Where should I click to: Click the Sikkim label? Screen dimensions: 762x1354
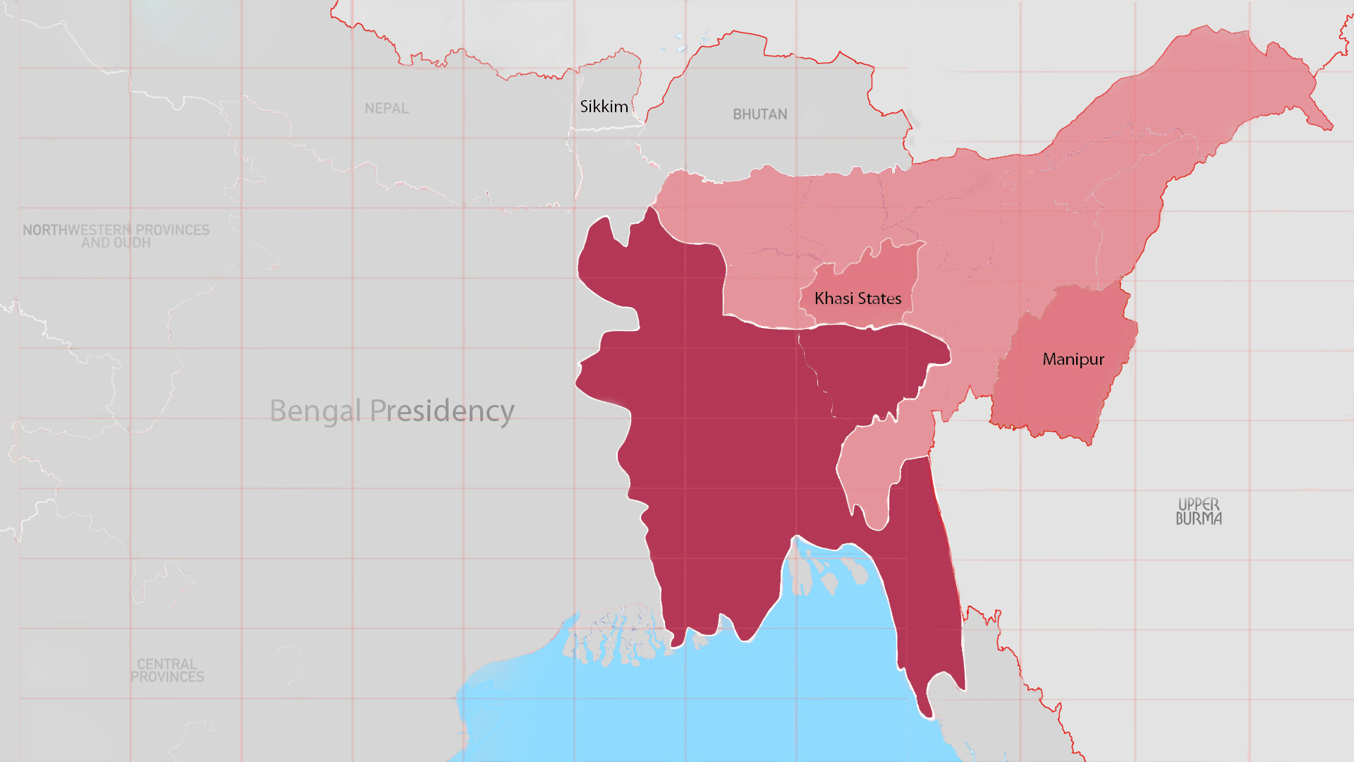604,107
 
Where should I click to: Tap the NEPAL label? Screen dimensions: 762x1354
386,109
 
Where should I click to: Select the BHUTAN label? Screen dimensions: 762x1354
760,114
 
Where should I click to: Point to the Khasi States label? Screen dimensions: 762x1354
858,298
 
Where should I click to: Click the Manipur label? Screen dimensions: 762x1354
1073,359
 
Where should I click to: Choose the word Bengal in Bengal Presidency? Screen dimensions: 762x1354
315,411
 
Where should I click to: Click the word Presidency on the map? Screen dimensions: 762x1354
442,411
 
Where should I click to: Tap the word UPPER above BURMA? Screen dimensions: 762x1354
1198,504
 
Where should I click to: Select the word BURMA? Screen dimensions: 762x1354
1198,519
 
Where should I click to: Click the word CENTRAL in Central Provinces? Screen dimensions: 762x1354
167,664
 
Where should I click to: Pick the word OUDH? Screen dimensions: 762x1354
132,243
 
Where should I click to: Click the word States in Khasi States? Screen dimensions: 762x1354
879,298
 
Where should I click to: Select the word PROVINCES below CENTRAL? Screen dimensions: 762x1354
167,677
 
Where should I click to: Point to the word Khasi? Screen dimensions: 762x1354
834,298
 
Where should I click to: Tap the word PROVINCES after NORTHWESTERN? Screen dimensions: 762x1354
172,230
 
